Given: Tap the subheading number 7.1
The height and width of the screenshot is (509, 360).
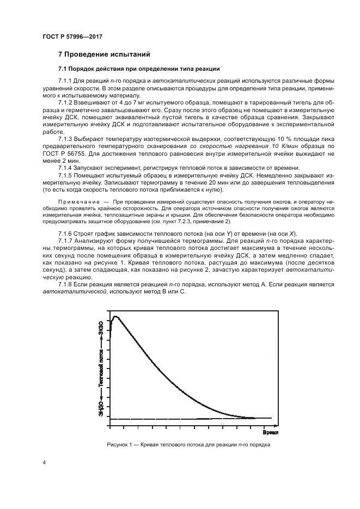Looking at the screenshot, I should click(x=63, y=69).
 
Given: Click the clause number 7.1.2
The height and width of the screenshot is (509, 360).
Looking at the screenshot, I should click(x=66, y=102).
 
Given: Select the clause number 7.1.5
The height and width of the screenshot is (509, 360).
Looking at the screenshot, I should click(x=66, y=176).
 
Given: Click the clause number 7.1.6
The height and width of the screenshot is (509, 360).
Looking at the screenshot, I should click(x=66, y=233).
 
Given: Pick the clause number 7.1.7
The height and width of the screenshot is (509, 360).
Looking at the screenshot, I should click(x=66, y=241).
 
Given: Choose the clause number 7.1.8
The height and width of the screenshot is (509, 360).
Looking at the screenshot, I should click(x=66, y=284).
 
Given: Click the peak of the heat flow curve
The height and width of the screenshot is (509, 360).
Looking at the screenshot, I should click(x=115, y=316).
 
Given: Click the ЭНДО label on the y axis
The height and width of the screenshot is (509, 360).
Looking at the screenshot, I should click(x=101, y=408).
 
